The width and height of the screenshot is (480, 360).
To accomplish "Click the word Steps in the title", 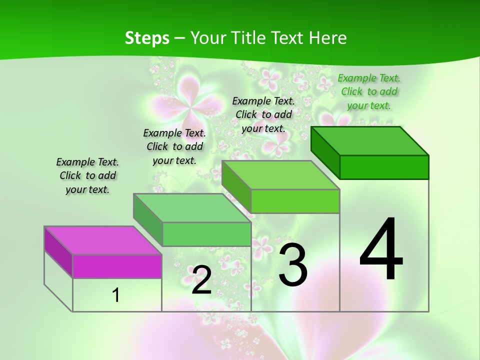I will pos(146,38).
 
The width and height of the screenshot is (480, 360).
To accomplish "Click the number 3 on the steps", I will pos(292,264).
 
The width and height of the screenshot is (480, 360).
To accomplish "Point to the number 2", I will pos(201,280).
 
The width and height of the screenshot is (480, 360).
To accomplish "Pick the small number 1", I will pos(116,295).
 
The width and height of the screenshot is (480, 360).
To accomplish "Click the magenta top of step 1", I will pos(102,240).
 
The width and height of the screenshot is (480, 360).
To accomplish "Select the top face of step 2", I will pos(192,208).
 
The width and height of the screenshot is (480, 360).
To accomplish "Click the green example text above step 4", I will pos(369,91).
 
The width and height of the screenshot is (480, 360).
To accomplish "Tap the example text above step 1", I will pos(87,175).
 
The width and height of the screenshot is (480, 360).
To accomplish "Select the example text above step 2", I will pos(174,146).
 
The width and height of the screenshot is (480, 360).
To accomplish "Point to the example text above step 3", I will pos(263,114).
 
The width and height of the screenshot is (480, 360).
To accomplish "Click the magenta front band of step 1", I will pos(117,266).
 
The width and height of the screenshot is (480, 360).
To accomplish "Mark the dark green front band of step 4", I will pos(384,167).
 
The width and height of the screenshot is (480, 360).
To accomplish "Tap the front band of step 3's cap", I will pos(295,201).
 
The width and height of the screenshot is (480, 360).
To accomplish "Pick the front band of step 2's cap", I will pos(206,234).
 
